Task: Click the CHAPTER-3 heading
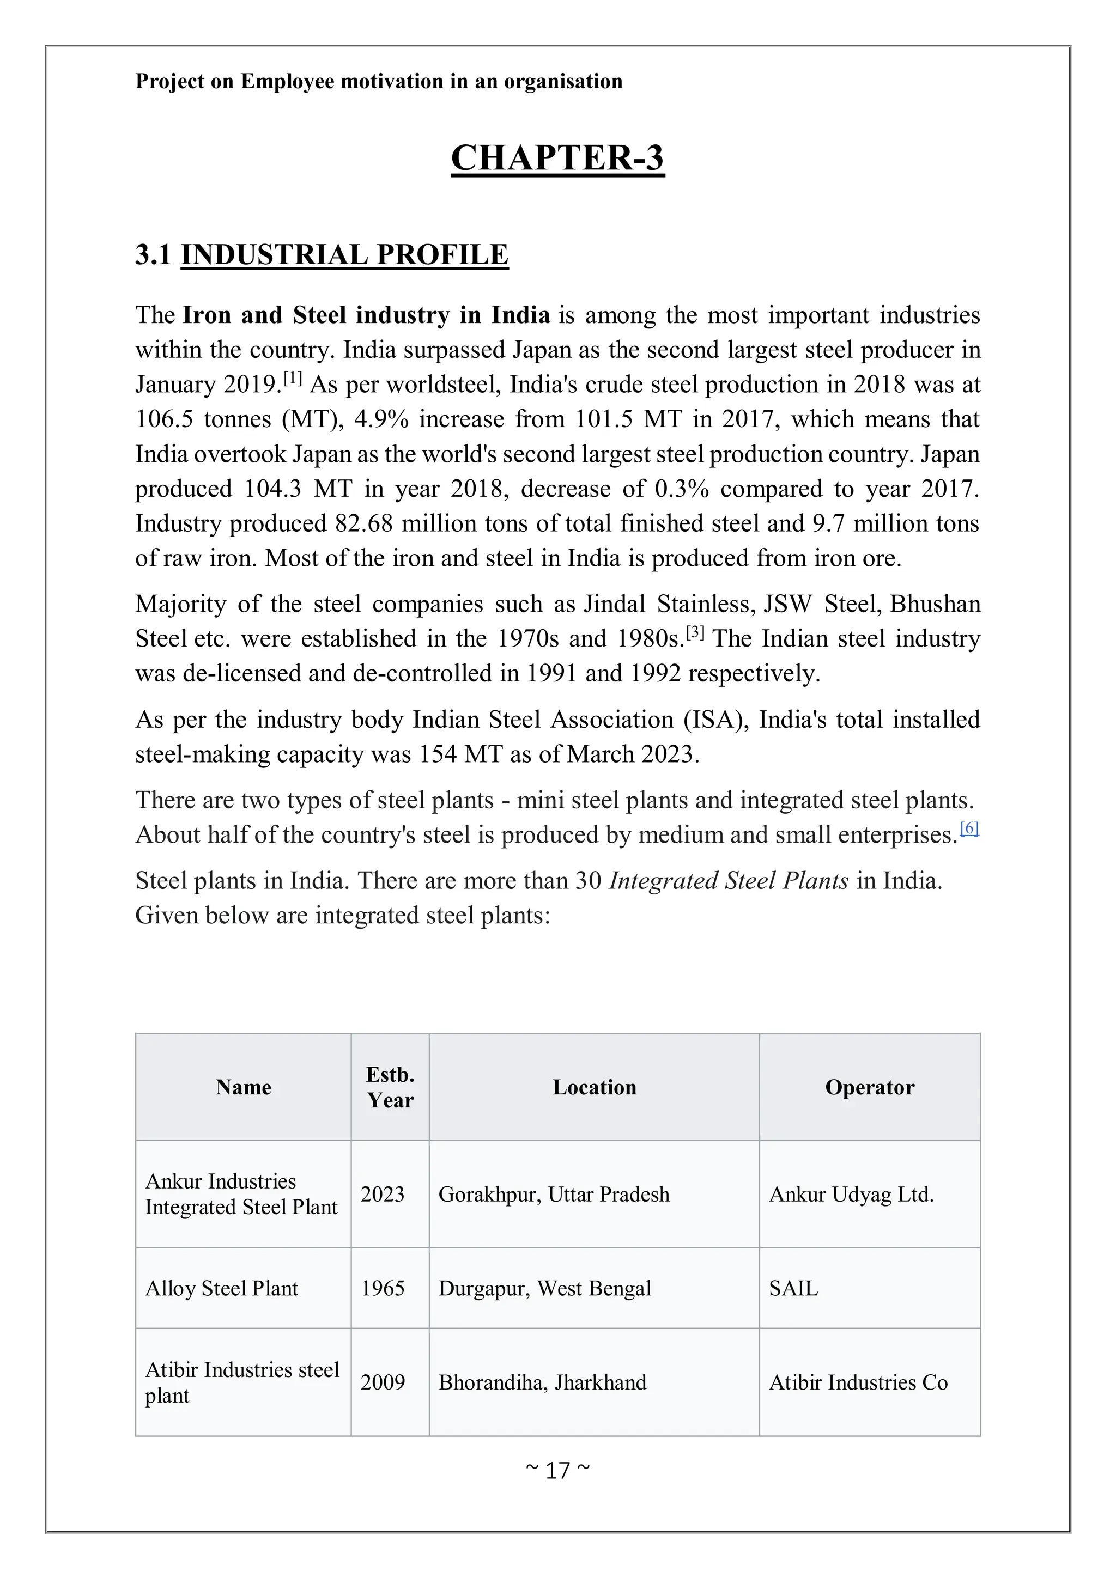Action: click(x=557, y=158)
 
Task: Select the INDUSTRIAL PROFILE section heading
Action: click(x=344, y=255)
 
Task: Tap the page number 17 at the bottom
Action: click(x=557, y=1471)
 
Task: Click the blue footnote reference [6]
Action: click(x=969, y=828)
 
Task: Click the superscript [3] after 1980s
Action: click(x=695, y=632)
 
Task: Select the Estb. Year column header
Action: click(x=390, y=1087)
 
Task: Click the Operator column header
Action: click(x=869, y=1087)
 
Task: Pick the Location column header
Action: click(x=594, y=1087)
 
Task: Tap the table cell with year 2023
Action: click(x=383, y=1195)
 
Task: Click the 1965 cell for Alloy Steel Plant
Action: click(x=383, y=1289)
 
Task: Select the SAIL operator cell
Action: click(x=793, y=1289)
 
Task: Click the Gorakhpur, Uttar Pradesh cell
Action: click(x=554, y=1195)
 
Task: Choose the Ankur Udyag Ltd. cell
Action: click(x=851, y=1195)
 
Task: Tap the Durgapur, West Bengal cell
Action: click(x=544, y=1289)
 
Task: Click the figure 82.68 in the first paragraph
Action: click(x=363, y=523)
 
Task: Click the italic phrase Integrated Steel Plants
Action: click(x=729, y=881)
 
